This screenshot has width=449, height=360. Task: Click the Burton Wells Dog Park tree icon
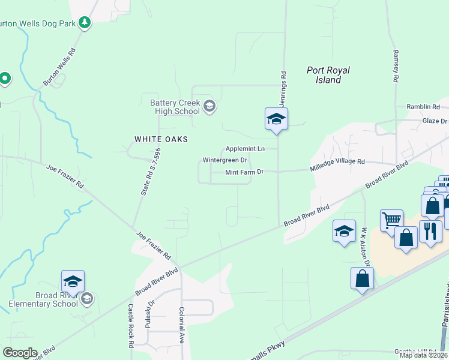85,23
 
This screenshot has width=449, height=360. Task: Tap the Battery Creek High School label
175,107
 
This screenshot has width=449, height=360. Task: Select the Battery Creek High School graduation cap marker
209,107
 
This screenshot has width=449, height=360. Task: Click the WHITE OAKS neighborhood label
161,139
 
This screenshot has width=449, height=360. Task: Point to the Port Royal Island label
328,75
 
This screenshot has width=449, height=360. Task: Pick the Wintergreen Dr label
224,160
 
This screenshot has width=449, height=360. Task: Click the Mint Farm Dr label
244,173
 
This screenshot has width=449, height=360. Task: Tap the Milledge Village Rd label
337,162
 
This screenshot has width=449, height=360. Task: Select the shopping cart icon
391,219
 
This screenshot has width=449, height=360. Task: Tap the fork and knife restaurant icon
430,231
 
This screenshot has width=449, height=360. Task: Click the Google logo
20,353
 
